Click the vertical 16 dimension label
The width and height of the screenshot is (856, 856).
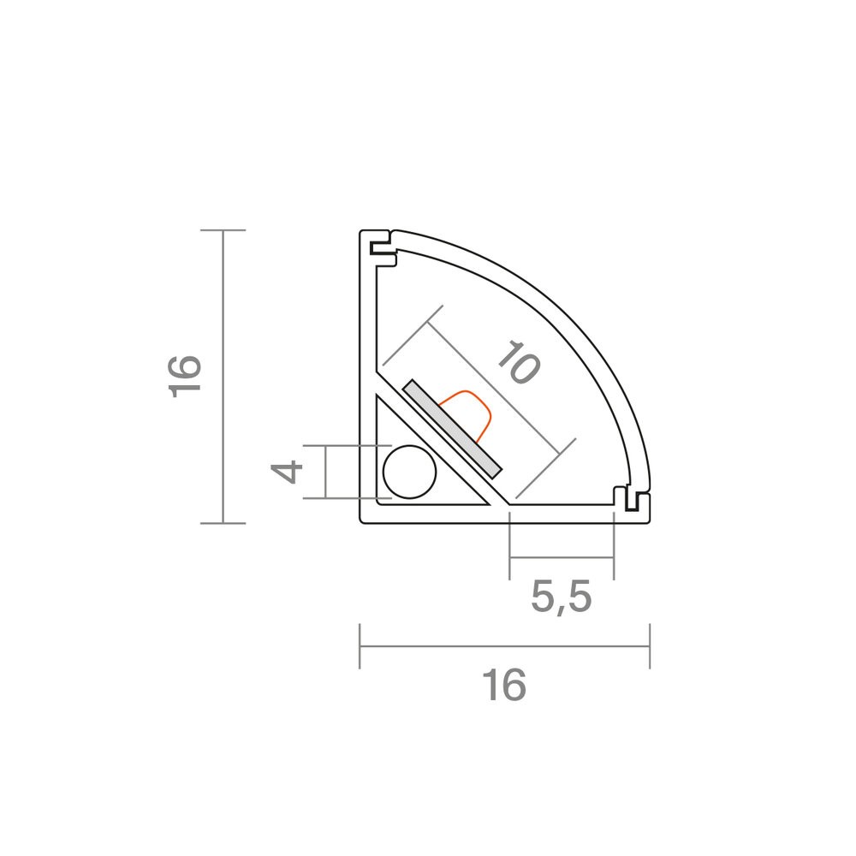pyautogui.click(x=186, y=377)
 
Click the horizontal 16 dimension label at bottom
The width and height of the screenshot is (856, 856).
pyautogui.click(x=504, y=685)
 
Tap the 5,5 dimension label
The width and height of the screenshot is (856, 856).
pyautogui.click(x=562, y=597)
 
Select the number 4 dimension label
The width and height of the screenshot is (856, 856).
pyautogui.click(x=287, y=472)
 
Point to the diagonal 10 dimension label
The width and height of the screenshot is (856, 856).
pyautogui.click(x=519, y=362)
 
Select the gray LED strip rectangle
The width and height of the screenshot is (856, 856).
pyautogui.click(x=451, y=429)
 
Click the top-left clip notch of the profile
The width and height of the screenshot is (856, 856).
pyautogui.click(x=382, y=248)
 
